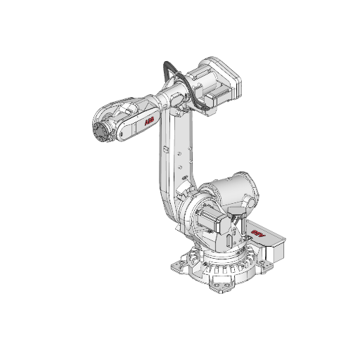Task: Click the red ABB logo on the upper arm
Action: click(149, 123)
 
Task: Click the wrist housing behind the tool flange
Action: click(116, 120)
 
